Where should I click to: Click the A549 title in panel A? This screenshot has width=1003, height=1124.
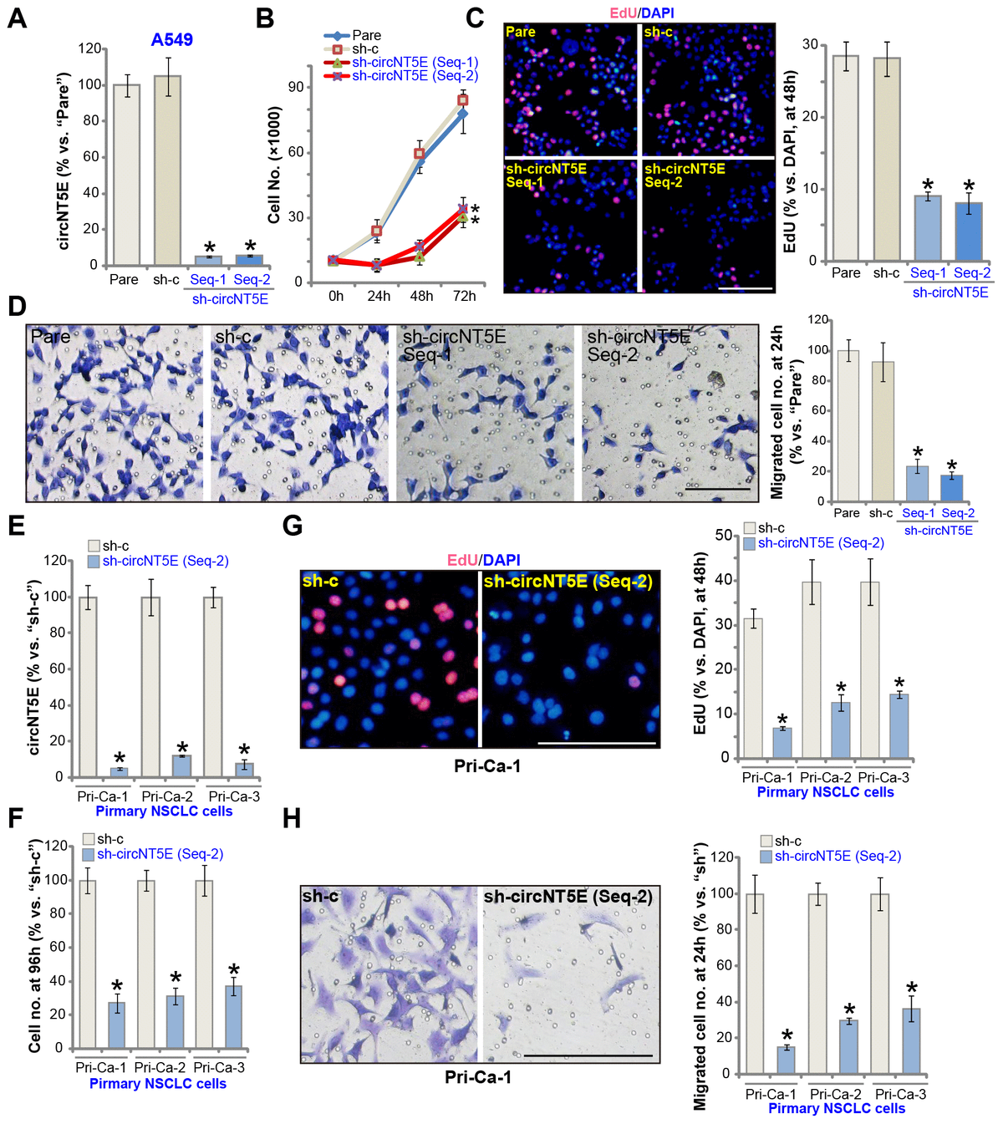[x=171, y=40]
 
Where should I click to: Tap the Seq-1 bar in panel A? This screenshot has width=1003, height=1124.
[x=208, y=260]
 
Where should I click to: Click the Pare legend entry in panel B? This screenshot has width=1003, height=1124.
[x=366, y=35]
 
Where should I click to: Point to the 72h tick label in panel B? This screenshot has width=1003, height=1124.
[x=464, y=296]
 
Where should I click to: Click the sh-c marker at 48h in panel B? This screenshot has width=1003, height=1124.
[x=420, y=154]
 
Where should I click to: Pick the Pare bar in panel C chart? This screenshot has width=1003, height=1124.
[x=846, y=159]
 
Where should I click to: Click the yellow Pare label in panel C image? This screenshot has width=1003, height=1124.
[x=520, y=32]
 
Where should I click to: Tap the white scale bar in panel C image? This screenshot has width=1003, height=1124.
[x=745, y=287]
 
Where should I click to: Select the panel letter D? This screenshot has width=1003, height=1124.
[x=16, y=305]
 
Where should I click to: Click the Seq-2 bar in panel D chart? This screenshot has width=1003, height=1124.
[x=951, y=488]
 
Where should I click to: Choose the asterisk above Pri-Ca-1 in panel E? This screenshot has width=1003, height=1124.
[x=119, y=757]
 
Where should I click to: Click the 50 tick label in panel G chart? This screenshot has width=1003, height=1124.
[x=724, y=535]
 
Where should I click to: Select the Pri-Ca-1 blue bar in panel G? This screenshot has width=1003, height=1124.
[x=782, y=743]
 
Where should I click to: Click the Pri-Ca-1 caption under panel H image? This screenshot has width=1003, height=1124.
[x=478, y=1077]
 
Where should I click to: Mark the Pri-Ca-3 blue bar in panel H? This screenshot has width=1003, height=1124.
[x=911, y=1040]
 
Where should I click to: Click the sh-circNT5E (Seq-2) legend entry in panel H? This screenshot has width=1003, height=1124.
[x=837, y=856]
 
